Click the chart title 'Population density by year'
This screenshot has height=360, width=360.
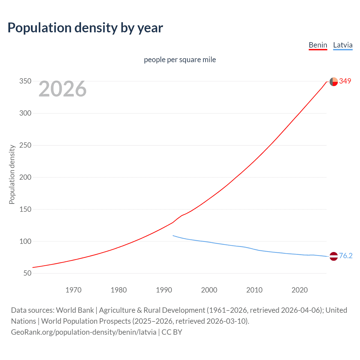(85, 28)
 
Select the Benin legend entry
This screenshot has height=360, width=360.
(318, 45)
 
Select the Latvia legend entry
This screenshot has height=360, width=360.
(343, 45)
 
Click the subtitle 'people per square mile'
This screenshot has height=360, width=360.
(180, 60)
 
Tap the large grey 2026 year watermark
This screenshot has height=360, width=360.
(62, 89)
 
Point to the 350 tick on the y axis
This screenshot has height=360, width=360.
(25, 81)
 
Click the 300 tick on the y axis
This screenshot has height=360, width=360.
(25, 113)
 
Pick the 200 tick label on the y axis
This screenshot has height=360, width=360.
(25, 177)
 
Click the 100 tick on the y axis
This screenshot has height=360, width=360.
(25, 241)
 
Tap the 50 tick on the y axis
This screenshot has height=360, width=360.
(27, 273)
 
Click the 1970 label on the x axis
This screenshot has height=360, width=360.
(73, 290)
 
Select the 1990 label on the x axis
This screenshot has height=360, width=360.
(164, 290)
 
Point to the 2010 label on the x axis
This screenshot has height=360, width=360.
(254, 290)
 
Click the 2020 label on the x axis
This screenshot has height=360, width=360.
(300, 290)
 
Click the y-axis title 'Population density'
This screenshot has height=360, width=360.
(12, 174)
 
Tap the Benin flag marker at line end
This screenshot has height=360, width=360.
(334, 82)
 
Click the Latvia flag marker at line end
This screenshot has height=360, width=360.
(334, 256)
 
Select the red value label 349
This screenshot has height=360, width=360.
(345, 81)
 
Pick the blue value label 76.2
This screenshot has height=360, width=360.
(346, 256)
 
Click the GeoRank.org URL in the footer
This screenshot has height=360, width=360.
(84, 332)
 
